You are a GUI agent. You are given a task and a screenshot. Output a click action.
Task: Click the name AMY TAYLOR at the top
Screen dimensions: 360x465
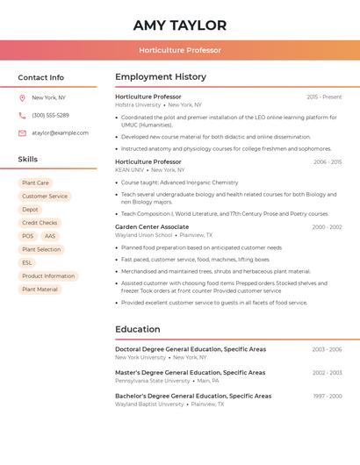pyautogui.click(x=180, y=25)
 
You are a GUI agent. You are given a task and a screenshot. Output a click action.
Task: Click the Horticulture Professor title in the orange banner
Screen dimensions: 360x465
pyautogui.click(x=180, y=50)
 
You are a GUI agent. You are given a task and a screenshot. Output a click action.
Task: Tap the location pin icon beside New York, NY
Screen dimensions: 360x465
pyautogui.click(x=22, y=98)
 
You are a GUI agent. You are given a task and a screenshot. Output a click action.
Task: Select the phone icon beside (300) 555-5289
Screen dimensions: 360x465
pyautogui.click(x=22, y=116)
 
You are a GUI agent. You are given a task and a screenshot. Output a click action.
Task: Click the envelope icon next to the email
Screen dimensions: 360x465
pyautogui.click(x=22, y=133)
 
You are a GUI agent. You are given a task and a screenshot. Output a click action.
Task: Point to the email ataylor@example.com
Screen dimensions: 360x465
pyautogui.click(x=60, y=133)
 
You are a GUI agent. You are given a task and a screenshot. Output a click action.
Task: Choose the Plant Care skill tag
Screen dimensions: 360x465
pyautogui.click(x=35, y=183)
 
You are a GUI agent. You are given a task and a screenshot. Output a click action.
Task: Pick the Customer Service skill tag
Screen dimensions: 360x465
pyautogui.click(x=45, y=197)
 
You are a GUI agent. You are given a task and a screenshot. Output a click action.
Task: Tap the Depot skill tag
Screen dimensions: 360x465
pyautogui.click(x=30, y=210)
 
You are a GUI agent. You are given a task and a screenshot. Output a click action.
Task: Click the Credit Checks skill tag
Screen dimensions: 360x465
pyautogui.click(x=40, y=223)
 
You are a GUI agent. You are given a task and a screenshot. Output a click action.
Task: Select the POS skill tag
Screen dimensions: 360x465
pyautogui.click(x=28, y=236)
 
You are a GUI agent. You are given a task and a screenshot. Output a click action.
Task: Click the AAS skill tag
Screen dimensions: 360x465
pyautogui.click(x=50, y=236)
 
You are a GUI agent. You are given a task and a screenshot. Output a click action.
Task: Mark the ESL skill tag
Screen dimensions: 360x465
pyautogui.click(x=27, y=263)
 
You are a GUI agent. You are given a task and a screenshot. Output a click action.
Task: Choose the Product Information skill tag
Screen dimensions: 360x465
pyautogui.click(x=48, y=276)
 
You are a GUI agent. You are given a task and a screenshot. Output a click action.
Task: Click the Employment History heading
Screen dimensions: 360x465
pyautogui.click(x=161, y=77)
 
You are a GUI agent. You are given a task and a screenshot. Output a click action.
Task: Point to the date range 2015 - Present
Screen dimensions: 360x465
pyautogui.click(x=324, y=97)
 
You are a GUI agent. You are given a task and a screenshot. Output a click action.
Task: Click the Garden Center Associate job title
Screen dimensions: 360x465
pyautogui.click(x=152, y=227)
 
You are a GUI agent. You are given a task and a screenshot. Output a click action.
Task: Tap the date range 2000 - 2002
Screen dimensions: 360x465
pyautogui.click(x=327, y=227)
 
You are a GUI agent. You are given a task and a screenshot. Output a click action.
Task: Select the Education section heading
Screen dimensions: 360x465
pyautogui.click(x=138, y=330)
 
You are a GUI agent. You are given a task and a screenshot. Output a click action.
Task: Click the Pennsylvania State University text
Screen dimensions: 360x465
pyautogui.click(x=152, y=381)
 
